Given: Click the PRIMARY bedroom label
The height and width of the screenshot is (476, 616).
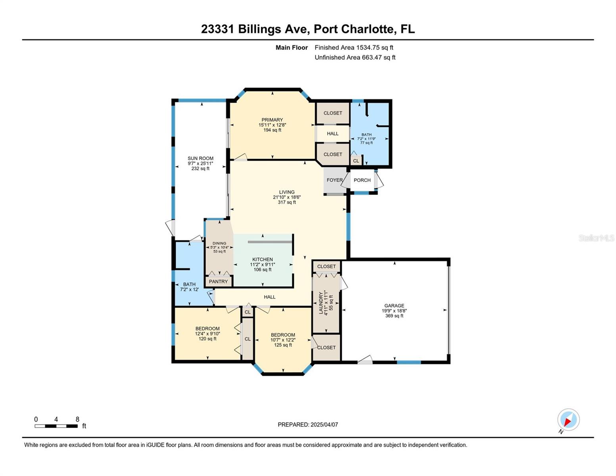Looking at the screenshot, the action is [x=272, y=120].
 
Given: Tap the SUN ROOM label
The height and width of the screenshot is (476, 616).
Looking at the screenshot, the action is [x=200, y=158].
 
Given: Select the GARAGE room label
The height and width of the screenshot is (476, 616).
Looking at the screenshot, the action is [x=394, y=305].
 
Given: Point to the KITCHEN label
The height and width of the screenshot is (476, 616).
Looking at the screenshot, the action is [x=262, y=259].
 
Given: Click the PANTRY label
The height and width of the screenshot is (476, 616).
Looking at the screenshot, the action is [x=218, y=282].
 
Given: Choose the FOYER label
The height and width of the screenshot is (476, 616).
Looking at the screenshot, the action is [x=334, y=180].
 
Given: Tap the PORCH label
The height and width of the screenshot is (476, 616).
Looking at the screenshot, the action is [x=362, y=180].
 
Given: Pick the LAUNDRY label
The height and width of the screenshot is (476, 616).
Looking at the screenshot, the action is [x=320, y=303].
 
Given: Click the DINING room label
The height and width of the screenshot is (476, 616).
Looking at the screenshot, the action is [x=219, y=243].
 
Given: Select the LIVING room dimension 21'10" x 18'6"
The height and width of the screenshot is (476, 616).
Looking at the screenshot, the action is [x=286, y=197].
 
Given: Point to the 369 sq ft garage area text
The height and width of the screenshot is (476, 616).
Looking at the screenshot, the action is [x=394, y=315].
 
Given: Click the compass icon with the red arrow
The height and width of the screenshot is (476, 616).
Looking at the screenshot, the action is [x=568, y=420].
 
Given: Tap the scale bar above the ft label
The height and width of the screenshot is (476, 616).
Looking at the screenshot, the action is [x=56, y=426].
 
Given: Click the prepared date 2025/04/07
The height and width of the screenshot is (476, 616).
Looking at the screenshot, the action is [x=324, y=425].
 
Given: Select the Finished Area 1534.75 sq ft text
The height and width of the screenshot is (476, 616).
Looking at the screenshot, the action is [x=353, y=48].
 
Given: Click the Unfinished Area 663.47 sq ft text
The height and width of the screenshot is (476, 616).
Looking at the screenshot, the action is [x=355, y=57].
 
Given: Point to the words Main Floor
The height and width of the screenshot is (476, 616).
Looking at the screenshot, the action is [x=292, y=48].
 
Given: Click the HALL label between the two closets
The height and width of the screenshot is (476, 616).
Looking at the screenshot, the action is [x=332, y=134].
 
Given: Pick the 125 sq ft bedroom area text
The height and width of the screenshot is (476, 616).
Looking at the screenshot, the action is [x=283, y=345].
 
